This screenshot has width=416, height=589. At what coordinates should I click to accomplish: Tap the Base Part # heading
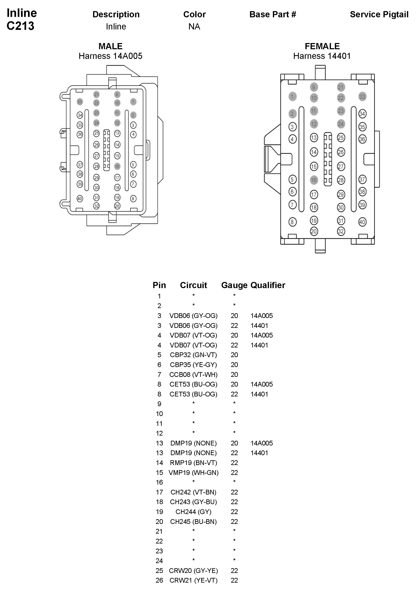click(273, 15)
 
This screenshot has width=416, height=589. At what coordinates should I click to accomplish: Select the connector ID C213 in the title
click(21, 26)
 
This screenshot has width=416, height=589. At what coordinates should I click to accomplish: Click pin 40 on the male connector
click(80, 199)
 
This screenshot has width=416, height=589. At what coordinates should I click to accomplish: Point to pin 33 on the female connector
click(362, 97)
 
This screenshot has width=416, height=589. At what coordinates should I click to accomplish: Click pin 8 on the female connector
click(292, 222)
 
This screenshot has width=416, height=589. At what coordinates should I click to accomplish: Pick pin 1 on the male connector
click(133, 102)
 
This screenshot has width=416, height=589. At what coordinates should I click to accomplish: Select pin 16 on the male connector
click(117, 166)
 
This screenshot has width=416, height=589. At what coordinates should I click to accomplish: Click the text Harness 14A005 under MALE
click(110, 56)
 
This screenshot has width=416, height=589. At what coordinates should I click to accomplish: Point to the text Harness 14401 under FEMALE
click(322, 56)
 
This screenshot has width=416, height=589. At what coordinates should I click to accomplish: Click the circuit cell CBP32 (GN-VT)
click(193, 355)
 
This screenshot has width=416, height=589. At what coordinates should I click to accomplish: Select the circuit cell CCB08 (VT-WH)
click(193, 375)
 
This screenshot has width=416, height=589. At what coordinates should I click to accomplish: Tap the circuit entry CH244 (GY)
click(193, 512)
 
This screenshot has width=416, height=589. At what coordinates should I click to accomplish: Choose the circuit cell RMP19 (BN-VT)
click(193, 463)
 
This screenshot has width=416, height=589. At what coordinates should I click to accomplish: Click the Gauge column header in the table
click(234, 285)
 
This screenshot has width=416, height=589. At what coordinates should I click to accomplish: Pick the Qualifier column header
click(268, 285)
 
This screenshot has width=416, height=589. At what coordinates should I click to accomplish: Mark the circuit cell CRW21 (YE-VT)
click(193, 580)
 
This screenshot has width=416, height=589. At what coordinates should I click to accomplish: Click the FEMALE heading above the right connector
click(322, 46)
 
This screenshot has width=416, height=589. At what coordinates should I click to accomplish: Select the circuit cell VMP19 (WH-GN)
click(193, 472)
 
